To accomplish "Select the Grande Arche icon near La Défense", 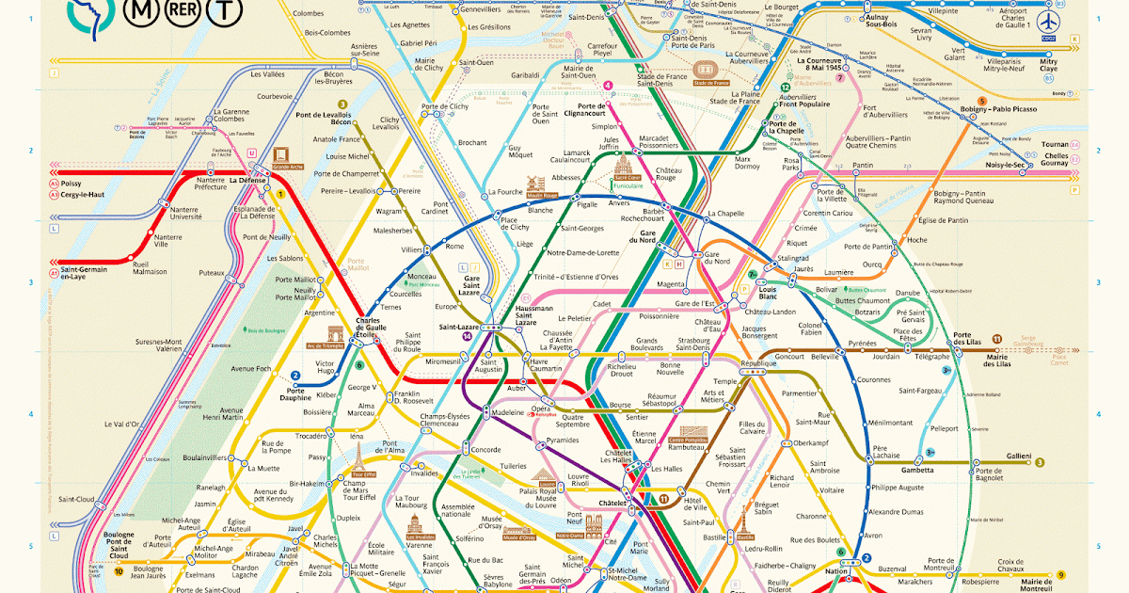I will click(x=280, y=157).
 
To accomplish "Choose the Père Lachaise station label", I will click(x=886, y=452).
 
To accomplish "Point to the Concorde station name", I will click(x=485, y=449).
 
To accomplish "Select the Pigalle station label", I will click(x=587, y=203).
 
